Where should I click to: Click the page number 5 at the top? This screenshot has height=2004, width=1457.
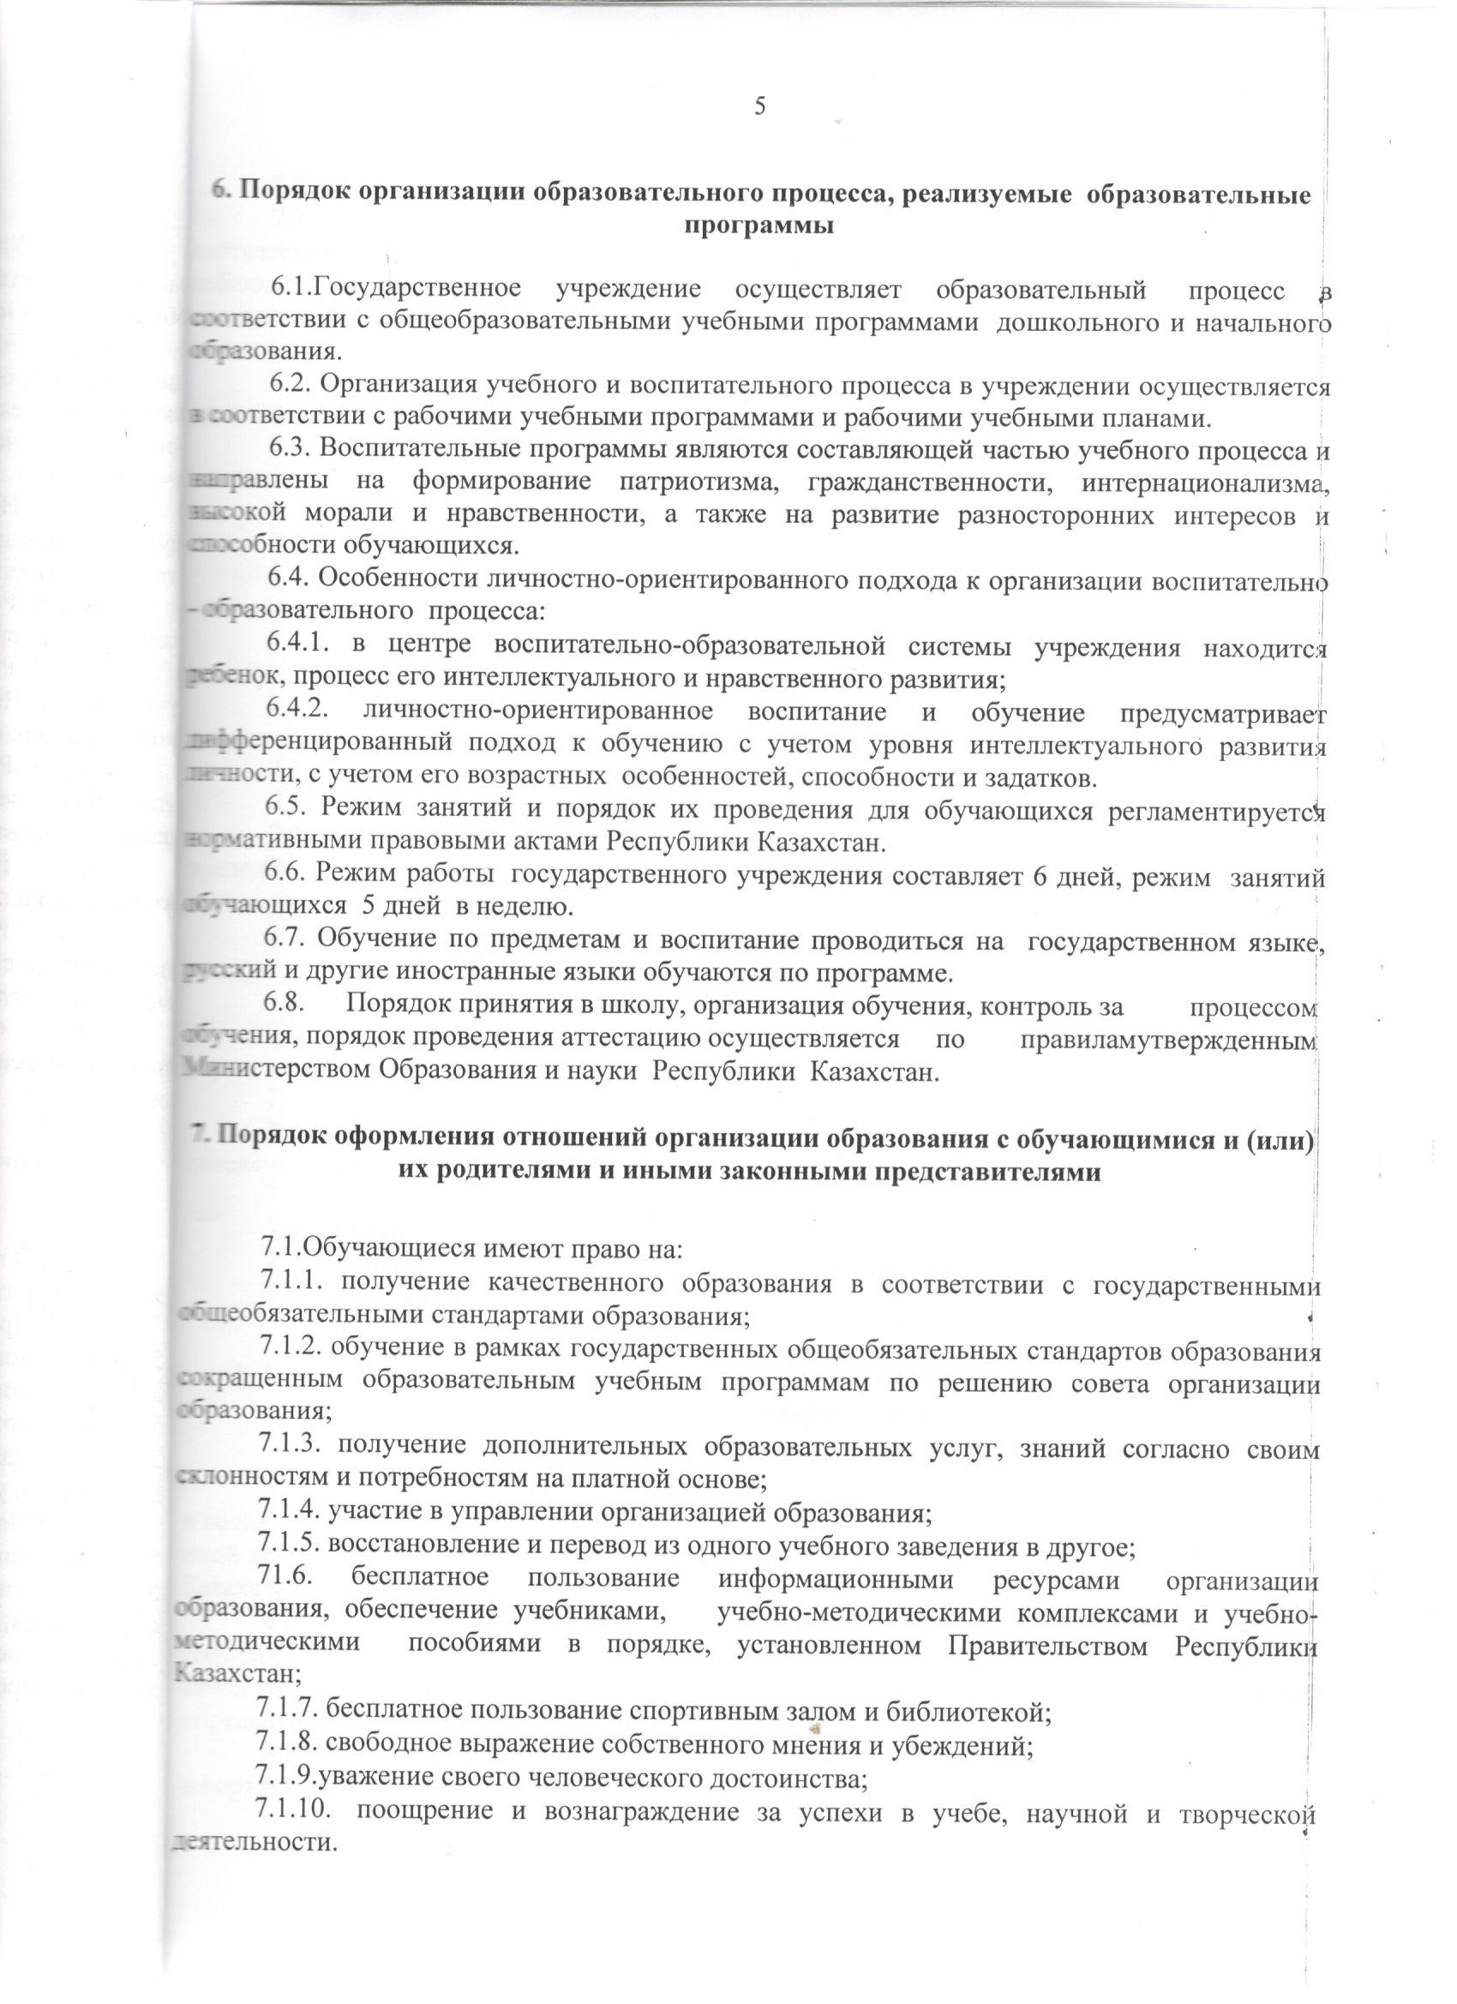point(759,105)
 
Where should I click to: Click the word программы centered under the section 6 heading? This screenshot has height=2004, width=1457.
point(761,225)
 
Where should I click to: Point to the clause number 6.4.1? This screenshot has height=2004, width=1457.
point(299,648)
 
